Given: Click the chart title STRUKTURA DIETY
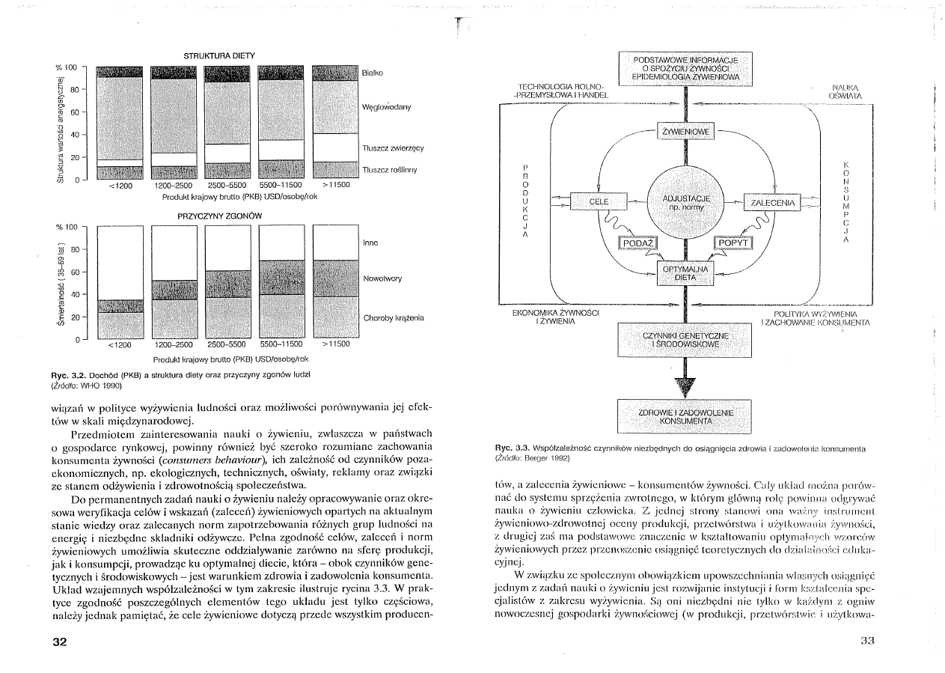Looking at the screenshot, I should (x=219, y=56).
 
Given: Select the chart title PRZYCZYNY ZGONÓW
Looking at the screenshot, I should (x=219, y=216).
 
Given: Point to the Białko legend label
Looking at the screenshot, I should (x=373, y=73).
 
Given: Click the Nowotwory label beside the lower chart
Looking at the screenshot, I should (x=382, y=279).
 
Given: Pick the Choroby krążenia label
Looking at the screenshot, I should (x=394, y=318).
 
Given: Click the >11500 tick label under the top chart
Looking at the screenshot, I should (x=336, y=186).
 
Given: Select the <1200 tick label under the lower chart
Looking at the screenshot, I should (x=120, y=345).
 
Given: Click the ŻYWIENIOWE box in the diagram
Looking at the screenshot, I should (x=686, y=133).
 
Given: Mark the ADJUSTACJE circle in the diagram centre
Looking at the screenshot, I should (x=686, y=201).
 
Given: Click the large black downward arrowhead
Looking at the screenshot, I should (x=686, y=384).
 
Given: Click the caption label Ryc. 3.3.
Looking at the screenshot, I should (x=520, y=447).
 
